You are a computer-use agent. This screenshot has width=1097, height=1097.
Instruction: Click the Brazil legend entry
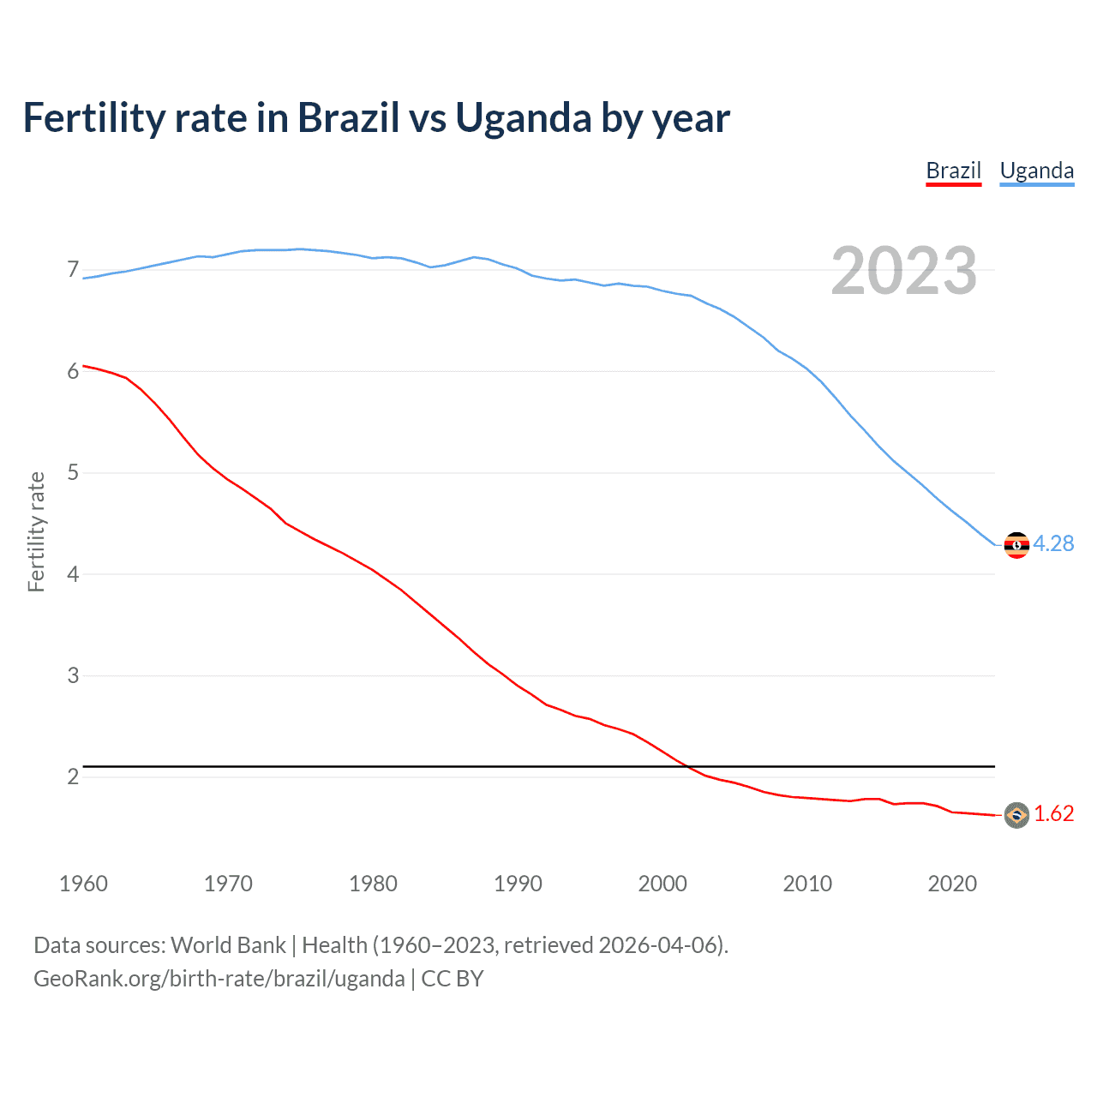953,171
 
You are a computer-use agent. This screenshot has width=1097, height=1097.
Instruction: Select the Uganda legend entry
1036,171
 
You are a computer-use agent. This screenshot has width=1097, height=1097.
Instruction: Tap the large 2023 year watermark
903,271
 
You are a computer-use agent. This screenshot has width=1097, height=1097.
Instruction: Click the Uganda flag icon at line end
1016,545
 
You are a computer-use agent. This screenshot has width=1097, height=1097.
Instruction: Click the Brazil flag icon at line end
1016,815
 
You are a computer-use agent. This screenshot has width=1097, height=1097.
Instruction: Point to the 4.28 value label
1053,544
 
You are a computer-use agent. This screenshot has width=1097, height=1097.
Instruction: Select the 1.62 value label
1053,814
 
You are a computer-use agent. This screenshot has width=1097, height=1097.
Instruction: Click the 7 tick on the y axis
73,270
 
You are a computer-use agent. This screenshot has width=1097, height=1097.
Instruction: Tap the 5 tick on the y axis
73,473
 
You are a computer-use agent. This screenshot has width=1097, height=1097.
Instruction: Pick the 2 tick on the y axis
73,777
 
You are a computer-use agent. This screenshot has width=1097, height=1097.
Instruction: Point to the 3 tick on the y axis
73,676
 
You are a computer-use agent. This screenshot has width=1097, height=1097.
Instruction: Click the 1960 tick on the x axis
83,884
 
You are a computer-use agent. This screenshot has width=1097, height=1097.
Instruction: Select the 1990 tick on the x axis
518,884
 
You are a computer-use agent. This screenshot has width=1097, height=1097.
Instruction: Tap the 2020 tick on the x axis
952,884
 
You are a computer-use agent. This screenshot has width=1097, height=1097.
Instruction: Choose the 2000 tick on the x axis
662,884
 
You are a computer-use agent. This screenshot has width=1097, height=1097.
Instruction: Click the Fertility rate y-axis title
36,531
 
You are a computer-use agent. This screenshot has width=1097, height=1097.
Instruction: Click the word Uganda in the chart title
523,118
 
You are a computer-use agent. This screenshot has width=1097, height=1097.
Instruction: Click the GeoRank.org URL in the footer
219,979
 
